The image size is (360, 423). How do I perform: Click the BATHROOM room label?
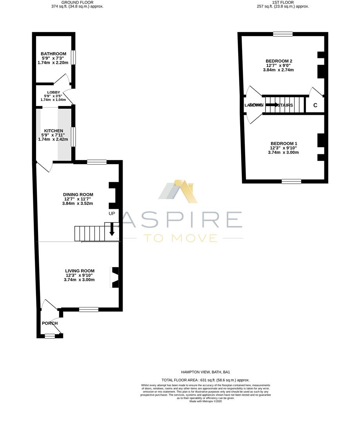click(53, 54)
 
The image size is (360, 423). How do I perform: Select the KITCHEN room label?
click(54, 131)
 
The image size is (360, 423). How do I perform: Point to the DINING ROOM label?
click(78, 194)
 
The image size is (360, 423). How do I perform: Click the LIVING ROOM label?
click(80, 271)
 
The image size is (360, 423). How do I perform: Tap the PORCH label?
click(50, 323)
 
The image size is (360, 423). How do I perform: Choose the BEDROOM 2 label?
click(279, 61)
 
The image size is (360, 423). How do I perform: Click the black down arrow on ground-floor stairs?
click(112, 229)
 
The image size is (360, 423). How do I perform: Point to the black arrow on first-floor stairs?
click(272, 105)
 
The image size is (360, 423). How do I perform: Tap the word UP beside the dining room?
click(112, 214)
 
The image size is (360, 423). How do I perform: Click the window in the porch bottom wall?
click(50, 336)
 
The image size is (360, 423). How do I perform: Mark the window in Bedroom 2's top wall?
click(283, 34)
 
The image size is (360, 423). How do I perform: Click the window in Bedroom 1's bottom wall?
click(291, 181)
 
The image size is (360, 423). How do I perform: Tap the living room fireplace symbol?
click(115, 277)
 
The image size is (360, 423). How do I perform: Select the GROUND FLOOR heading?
click(77, 2)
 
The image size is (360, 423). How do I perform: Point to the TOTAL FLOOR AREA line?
click(205, 380)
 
